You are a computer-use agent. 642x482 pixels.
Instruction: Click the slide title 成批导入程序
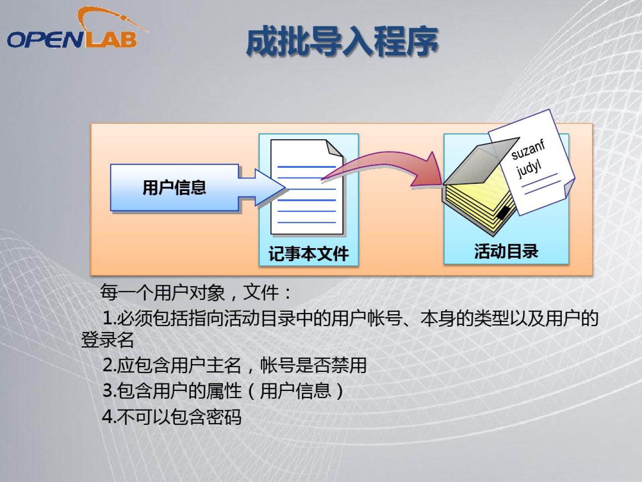(x=342, y=41)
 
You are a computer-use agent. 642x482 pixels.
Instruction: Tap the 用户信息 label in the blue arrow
(x=174, y=187)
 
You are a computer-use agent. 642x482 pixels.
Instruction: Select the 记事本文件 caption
(x=309, y=253)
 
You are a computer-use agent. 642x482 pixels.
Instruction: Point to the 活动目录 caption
(x=506, y=251)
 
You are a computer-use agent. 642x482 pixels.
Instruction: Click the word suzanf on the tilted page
(x=528, y=150)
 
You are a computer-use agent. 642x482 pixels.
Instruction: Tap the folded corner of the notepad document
(x=334, y=148)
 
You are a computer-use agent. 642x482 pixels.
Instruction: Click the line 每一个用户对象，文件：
(x=196, y=292)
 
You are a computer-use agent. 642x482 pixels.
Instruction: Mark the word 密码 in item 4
(x=224, y=417)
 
